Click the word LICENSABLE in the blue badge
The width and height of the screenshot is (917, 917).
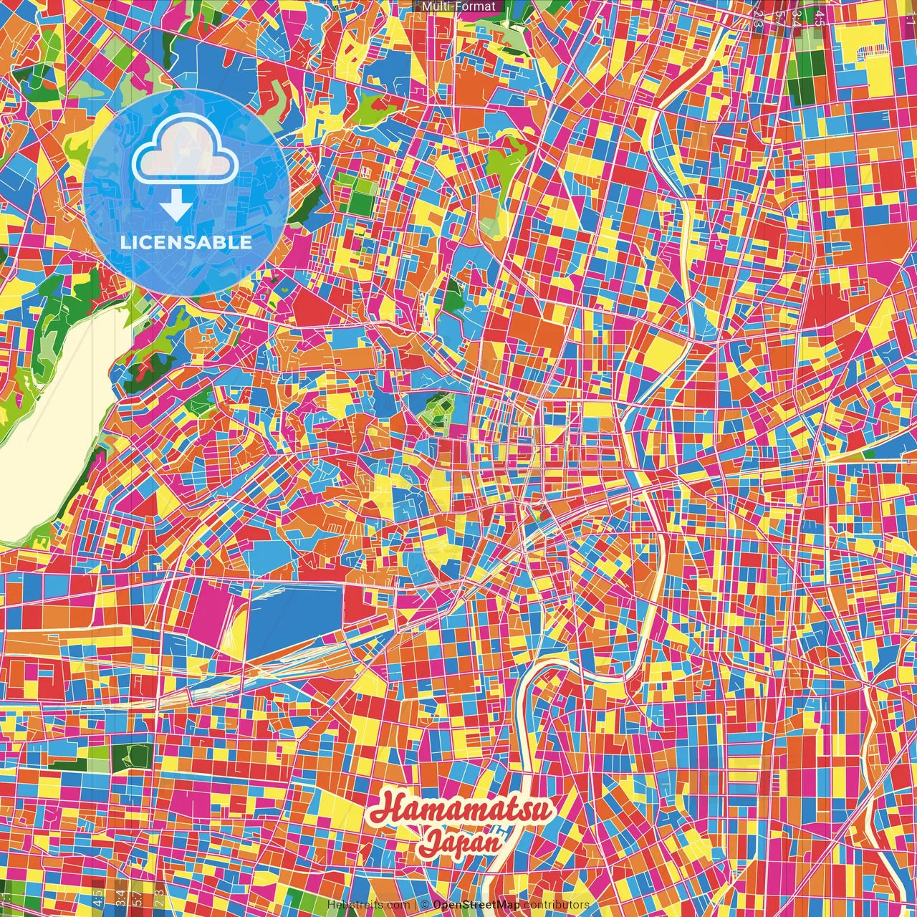pos(186,242)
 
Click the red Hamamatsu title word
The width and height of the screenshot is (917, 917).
pos(462,810)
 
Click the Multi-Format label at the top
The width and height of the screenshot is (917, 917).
pos(458,6)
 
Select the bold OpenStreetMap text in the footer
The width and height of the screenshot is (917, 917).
pos(475,905)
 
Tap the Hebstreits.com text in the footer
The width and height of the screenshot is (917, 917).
pos(368,905)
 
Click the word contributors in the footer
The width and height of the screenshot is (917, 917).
pos(556,905)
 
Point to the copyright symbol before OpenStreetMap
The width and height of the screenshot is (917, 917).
pos(425,905)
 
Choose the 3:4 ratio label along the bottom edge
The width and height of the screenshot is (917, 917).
pos(119,896)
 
